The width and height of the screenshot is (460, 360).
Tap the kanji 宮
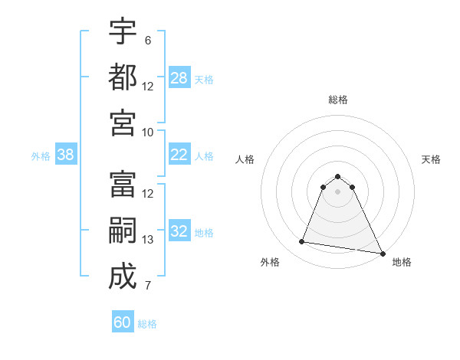coord(123,122)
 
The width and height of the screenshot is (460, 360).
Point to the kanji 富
coord(123,184)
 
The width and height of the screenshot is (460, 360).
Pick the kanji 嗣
coord(123,230)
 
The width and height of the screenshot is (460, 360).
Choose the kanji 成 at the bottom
coord(123,276)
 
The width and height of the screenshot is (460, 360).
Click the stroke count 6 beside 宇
coord(148,40)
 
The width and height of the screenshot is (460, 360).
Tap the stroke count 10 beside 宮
coord(148,132)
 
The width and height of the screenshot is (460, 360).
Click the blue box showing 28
coord(179,78)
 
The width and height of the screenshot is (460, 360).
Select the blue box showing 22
coord(179,155)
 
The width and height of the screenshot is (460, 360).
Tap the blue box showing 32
coord(179,231)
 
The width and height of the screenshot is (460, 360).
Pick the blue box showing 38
coord(66,155)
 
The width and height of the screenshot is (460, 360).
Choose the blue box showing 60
coord(123,322)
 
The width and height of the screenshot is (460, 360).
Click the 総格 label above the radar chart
coord(337,100)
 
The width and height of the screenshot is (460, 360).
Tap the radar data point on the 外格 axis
coord(302,242)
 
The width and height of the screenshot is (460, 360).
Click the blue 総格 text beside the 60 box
coord(147,324)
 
